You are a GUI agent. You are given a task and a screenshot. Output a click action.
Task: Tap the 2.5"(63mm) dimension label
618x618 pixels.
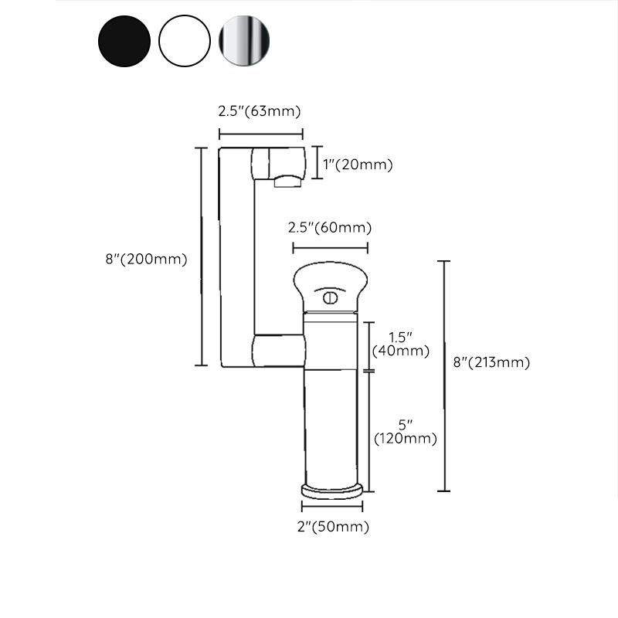click(x=260, y=111)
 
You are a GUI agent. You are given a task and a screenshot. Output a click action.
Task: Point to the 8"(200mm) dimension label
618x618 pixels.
click(x=147, y=260)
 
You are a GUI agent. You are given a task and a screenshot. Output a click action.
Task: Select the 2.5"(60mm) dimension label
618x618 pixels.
click(x=330, y=228)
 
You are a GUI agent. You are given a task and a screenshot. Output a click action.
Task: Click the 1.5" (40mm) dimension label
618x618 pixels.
click(x=400, y=344)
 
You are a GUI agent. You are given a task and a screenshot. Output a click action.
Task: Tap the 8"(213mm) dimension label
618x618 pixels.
click(x=491, y=362)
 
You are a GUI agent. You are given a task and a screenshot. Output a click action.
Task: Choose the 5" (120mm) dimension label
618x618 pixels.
click(x=406, y=432)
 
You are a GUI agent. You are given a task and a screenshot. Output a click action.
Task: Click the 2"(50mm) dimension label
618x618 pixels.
click(x=334, y=528)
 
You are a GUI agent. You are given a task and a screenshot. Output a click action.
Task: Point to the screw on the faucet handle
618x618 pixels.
click(x=330, y=296)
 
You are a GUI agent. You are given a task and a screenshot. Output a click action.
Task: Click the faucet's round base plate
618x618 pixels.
click(x=331, y=489)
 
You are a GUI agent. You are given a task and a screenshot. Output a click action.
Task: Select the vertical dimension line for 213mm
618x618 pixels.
click(x=444, y=376)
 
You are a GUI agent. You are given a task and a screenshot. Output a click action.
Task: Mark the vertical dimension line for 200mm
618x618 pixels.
click(x=202, y=256)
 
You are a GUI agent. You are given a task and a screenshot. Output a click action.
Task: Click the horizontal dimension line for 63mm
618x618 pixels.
click(x=260, y=134)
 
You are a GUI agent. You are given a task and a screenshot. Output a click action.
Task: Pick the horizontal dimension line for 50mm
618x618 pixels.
click(x=331, y=508)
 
